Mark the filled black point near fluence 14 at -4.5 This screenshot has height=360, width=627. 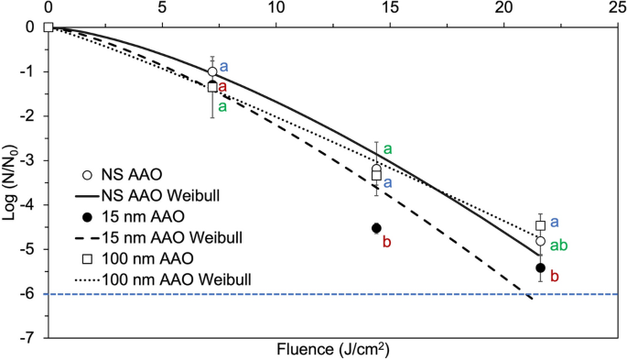point(376,228)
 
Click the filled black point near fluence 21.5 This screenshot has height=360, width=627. point(540,267)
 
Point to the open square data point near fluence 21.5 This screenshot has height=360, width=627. point(541,225)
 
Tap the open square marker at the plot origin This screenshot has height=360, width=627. point(48,27)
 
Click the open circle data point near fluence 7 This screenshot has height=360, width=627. point(212,71)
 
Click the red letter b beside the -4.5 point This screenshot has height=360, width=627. point(387,241)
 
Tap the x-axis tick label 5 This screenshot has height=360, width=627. point(162,8)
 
